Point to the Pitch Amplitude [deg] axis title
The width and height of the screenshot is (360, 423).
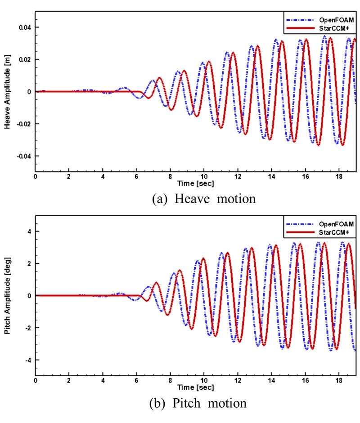(8, 295)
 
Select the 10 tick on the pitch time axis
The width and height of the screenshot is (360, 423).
(204, 381)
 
